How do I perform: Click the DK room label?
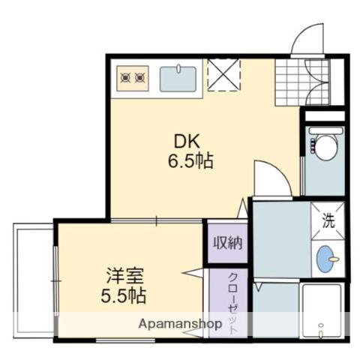pos(187,142)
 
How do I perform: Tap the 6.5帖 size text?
pos(190,160)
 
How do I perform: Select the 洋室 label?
pos(124,276)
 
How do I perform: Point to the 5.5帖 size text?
pos(123,295)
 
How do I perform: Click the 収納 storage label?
pos(228,242)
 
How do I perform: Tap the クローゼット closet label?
pos(232,303)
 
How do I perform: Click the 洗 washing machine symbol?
pos(328,220)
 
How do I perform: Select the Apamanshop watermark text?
pos(180,324)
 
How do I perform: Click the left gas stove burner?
pos(125,78)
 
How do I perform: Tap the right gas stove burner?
pos(140,78)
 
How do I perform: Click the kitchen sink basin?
pos(178,79)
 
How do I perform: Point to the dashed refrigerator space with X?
pos(224,75)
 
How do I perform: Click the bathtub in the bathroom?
pos(322,310)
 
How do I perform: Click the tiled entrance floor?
pos(302,82)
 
